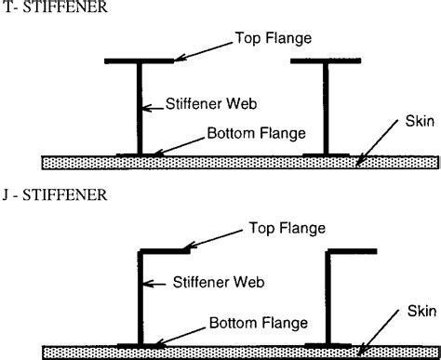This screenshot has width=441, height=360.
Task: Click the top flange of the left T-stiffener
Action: coord(140,61)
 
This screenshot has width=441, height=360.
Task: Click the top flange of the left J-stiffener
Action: coord(165,250)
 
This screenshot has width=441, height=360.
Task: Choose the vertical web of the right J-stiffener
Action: coord(327,298)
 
